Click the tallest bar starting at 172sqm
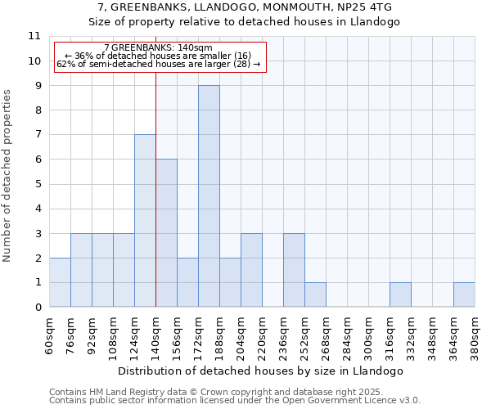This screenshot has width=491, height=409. tap(209, 196)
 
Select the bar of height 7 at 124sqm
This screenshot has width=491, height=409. tap(145, 221)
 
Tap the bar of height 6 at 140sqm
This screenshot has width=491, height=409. tap(166, 233)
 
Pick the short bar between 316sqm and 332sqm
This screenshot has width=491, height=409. tap(400, 294)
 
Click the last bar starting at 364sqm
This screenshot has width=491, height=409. tap(464, 294)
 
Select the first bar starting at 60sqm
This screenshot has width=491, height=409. tap(60, 282)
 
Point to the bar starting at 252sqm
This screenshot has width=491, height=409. tap(315, 294)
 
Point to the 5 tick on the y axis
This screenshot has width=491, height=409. tap(37, 184)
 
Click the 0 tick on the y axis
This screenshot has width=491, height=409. tap(37, 308)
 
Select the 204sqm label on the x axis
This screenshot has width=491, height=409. tap(241, 336)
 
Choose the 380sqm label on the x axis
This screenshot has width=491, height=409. tap(475, 336)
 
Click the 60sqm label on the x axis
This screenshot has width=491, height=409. tap(49, 336)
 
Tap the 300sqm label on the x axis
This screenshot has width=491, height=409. tap(368, 336)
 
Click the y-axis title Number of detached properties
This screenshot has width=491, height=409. tap(7, 176)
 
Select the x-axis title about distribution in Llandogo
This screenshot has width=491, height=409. tap(262, 371)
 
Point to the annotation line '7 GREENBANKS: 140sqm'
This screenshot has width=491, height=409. tap(159, 48)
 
